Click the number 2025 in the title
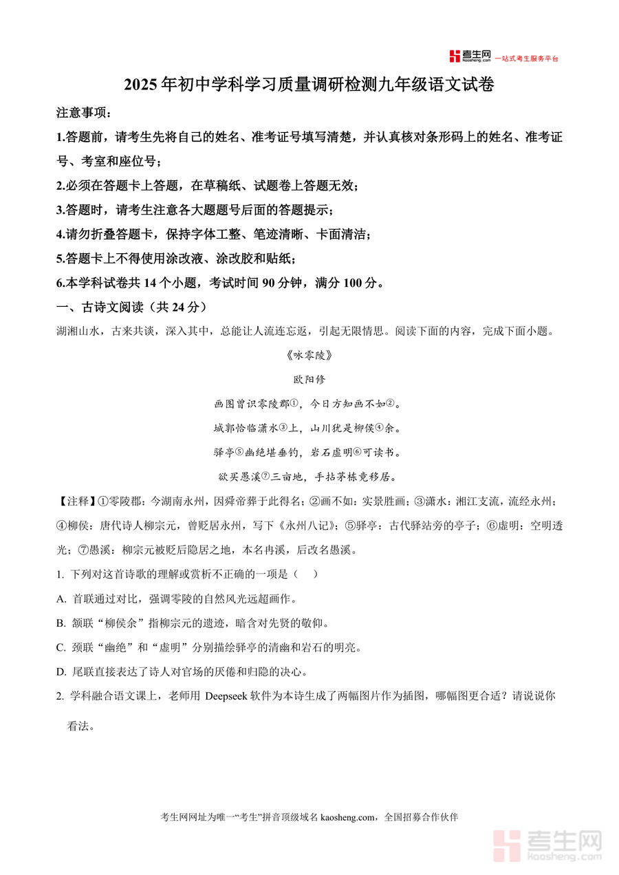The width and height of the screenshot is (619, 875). (x=141, y=85)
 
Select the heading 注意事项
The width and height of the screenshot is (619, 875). (x=83, y=112)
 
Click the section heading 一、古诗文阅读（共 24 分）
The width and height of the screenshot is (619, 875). (x=131, y=307)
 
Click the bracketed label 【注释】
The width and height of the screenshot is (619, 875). (x=74, y=501)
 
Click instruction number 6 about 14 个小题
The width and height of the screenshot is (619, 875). (x=220, y=283)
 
